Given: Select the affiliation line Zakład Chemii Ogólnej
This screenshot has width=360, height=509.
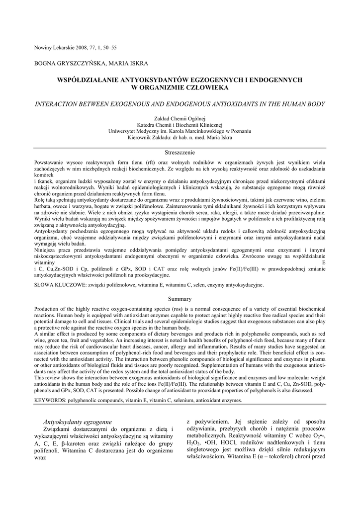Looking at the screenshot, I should [x=180, y=119].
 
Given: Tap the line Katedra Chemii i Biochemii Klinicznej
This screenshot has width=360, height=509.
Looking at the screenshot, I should [x=180, y=125].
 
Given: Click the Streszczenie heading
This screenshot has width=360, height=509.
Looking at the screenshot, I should [x=180, y=152].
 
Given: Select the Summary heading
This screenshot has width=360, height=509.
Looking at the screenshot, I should [x=180, y=299].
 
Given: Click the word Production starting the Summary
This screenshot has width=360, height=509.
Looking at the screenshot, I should [x=48, y=309].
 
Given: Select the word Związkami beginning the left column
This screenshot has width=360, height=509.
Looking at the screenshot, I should [x=60, y=429].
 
